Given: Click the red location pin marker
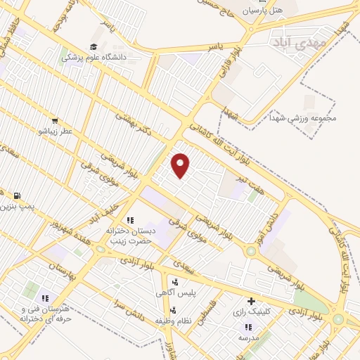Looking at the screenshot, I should click(x=181, y=165).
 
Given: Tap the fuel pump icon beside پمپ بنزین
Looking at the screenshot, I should click(x=17, y=196).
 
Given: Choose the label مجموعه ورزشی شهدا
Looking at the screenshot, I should click(x=307, y=117).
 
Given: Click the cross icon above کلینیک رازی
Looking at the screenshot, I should click(x=251, y=302).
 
